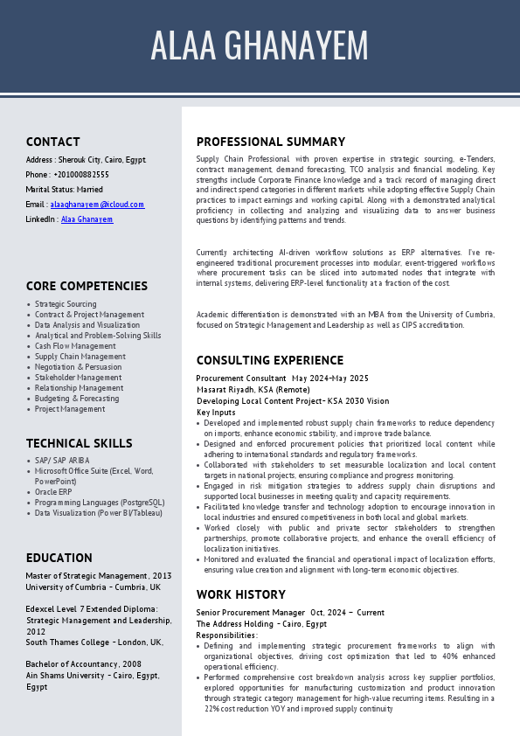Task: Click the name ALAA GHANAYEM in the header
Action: coord(260,45)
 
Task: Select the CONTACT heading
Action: coord(52,142)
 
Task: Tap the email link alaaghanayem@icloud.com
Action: coord(97,205)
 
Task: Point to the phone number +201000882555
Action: coord(81,175)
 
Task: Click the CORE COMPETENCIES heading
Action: coord(87,286)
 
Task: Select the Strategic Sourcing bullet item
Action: coord(66,304)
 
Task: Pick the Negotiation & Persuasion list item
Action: coord(79,367)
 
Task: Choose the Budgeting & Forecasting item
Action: coord(77,399)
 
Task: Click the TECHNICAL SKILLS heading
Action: coord(79,443)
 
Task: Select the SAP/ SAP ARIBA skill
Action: coord(62,461)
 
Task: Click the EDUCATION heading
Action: coord(59,558)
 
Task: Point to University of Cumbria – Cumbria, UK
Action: coord(93,587)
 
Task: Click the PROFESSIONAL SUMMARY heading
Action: coord(271,142)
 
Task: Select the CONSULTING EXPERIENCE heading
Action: coord(270,360)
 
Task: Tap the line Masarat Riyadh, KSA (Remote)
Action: coord(253,390)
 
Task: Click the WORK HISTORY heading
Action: coord(240,594)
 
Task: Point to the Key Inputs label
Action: coord(216,413)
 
